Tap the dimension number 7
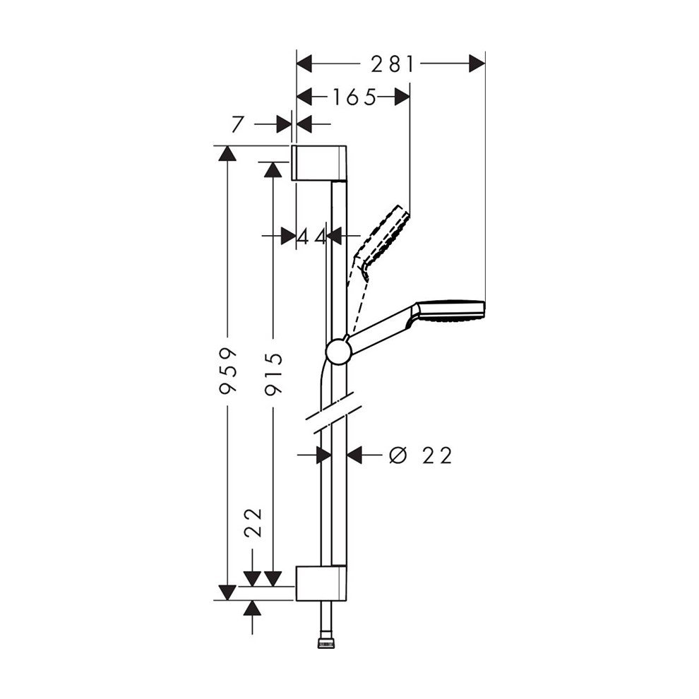(x=237, y=124)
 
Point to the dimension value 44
(x=311, y=236)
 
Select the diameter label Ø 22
(x=420, y=455)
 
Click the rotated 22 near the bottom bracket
(x=255, y=523)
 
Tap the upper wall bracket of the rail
(x=320, y=163)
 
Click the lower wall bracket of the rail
(x=320, y=582)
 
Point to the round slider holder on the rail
(x=338, y=351)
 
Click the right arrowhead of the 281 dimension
(x=478, y=64)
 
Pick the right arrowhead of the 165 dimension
(x=402, y=97)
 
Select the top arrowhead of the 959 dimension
(x=227, y=153)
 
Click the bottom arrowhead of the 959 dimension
(x=227, y=592)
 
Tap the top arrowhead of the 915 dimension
(x=272, y=168)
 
